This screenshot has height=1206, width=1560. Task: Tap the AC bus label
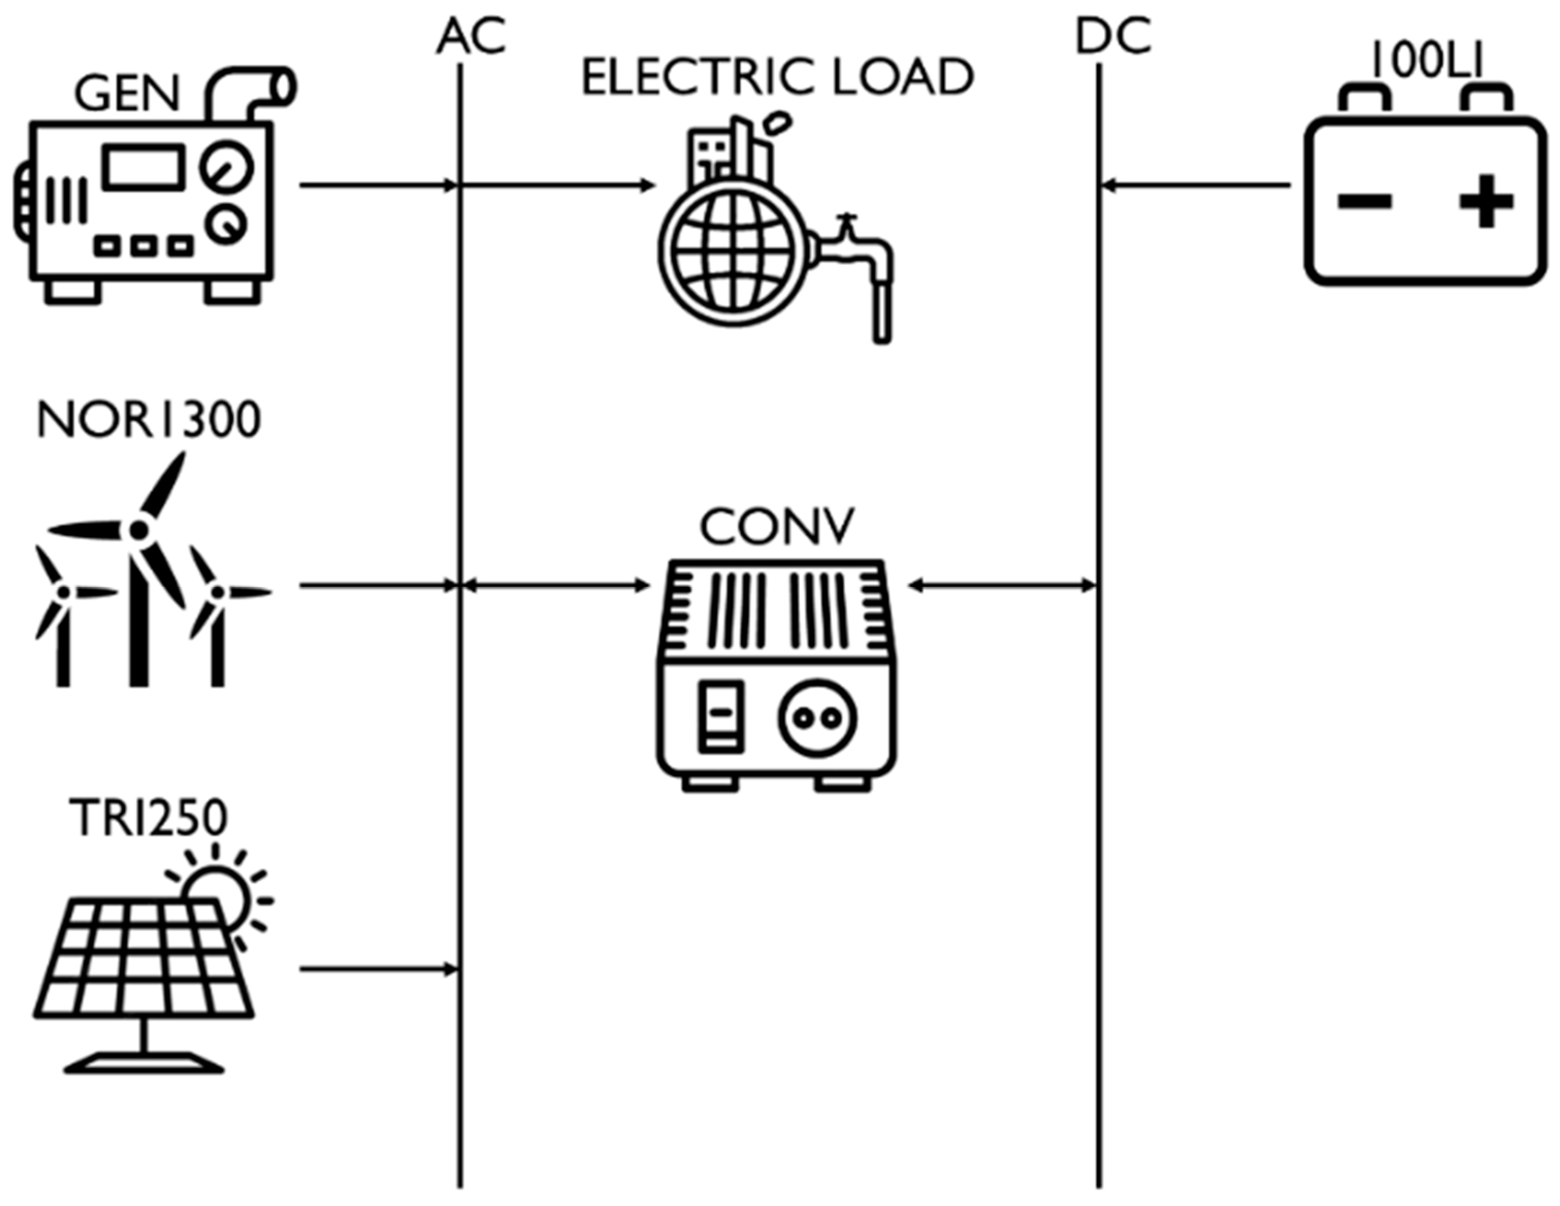(471, 37)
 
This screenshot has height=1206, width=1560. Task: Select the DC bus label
(1113, 37)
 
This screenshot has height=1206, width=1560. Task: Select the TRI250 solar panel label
(149, 818)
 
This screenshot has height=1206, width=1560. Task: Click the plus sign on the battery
(1486, 202)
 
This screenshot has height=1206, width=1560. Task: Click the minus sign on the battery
(1364, 202)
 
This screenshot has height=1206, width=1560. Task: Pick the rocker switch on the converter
(721, 716)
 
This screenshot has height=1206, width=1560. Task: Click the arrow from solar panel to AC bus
(379, 969)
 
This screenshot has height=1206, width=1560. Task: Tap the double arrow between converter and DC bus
(1002, 586)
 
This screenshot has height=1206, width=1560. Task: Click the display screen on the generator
(143, 167)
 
